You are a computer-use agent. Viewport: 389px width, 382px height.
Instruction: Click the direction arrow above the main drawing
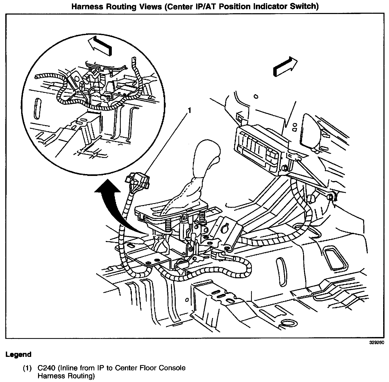(286, 66)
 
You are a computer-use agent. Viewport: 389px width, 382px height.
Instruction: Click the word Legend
(18, 355)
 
